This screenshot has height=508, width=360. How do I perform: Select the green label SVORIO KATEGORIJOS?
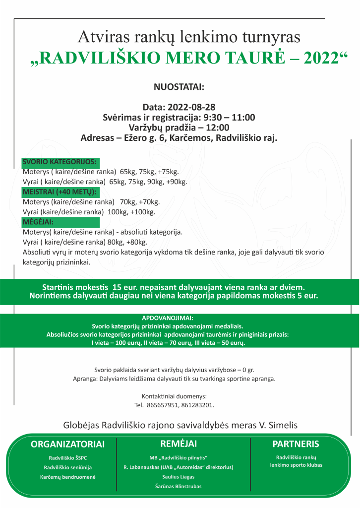click(60, 162)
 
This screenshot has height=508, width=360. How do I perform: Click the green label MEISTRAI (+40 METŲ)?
click(60, 191)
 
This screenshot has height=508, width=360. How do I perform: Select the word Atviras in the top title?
click(99, 37)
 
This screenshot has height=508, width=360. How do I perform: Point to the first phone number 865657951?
click(165, 405)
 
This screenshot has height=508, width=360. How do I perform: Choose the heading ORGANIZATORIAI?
click(67, 444)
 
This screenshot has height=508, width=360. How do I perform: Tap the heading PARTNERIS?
click(296, 444)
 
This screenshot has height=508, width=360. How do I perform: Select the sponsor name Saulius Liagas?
click(178, 476)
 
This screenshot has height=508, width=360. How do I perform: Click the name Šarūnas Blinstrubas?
click(178, 486)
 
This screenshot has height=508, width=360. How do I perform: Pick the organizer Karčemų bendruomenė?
click(67, 477)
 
